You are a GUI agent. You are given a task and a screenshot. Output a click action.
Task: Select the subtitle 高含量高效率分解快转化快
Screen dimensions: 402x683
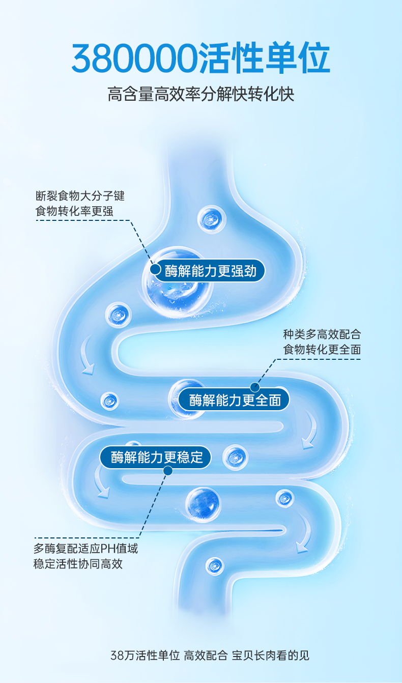click(x=201, y=95)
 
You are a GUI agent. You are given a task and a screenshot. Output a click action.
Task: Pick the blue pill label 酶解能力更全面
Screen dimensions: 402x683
click(x=235, y=400)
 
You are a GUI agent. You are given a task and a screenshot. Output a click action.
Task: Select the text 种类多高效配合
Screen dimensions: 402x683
click(x=322, y=334)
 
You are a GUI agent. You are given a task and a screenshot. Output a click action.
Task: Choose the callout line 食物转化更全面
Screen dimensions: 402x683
click(x=322, y=350)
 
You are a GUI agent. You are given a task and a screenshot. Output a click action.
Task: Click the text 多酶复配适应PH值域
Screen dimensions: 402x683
click(x=85, y=549)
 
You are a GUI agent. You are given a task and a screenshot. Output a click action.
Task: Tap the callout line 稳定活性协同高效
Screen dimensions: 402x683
click(x=78, y=564)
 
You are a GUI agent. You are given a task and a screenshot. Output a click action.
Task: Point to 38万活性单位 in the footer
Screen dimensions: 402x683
click(x=145, y=656)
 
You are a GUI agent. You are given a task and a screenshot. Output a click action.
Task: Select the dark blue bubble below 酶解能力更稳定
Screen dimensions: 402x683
click(x=203, y=504)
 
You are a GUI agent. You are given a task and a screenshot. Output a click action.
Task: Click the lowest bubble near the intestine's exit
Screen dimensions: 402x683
click(x=214, y=565)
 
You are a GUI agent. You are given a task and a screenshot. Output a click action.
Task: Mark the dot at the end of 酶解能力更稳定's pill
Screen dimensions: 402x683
click(x=168, y=471)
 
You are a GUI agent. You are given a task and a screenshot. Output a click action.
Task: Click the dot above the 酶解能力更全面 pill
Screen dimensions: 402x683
click(x=255, y=387)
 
